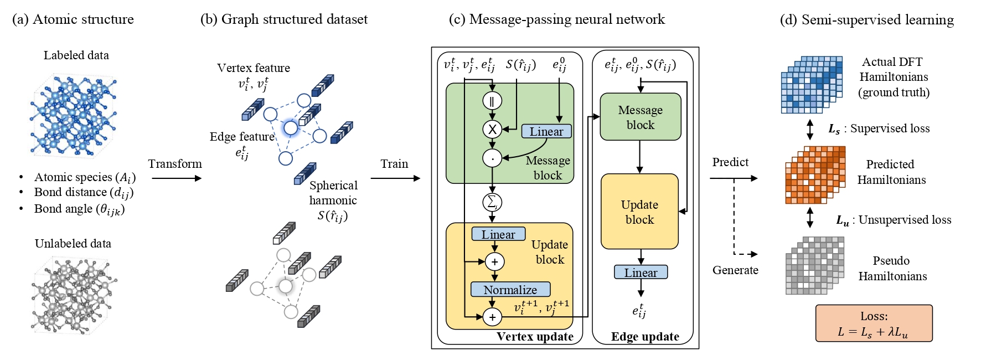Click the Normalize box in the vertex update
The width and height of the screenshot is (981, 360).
click(x=510, y=290)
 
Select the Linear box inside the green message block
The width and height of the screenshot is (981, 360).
click(x=546, y=131)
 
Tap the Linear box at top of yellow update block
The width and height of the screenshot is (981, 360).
click(x=498, y=234)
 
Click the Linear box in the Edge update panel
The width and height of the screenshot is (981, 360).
click(x=641, y=272)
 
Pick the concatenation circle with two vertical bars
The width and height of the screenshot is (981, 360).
click(x=492, y=101)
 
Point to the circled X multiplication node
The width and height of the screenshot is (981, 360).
click(x=492, y=130)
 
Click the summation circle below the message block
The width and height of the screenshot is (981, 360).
click(x=492, y=202)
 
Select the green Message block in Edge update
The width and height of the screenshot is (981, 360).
click(x=640, y=117)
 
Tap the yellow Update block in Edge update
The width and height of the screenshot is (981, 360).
click(x=639, y=212)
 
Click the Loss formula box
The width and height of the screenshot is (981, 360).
click(x=874, y=323)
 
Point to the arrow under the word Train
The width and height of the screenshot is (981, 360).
click(x=395, y=178)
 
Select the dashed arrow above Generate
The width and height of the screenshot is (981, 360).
click(x=745, y=254)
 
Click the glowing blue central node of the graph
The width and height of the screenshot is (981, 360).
click(x=291, y=128)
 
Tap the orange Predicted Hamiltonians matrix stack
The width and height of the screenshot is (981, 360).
click(x=814, y=175)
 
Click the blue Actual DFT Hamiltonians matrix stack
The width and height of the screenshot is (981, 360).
click(x=811, y=84)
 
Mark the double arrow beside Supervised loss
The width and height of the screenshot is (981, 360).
click(x=810, y=129)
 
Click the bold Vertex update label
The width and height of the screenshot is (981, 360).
click(x=535, y=337)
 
